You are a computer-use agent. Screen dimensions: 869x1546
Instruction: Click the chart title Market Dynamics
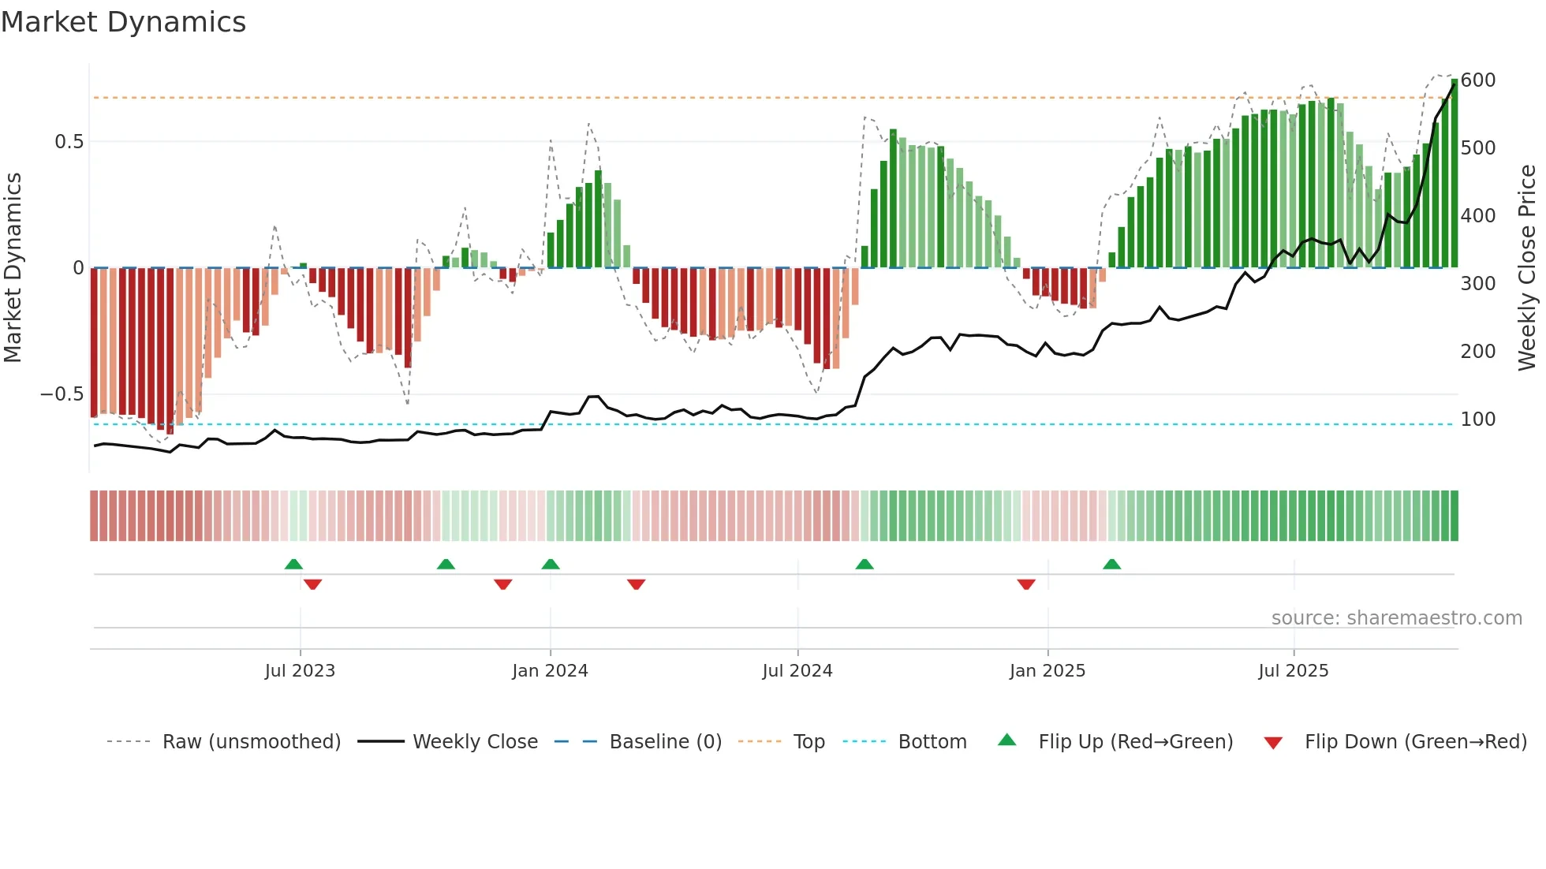(x=124, y=22)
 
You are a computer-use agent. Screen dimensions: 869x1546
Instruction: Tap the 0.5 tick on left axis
(x=69, y=142)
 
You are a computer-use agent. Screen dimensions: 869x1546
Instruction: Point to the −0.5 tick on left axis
(x=62, y=394)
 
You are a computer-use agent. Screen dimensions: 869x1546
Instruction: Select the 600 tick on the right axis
(x=1478, y=80)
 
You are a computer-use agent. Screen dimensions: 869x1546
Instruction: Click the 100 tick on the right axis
(x=1478, y=420)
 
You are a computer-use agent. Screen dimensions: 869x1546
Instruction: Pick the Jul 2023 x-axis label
(x=300, y=671)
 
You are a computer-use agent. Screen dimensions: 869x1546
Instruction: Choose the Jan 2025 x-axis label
(x=1047, y=671)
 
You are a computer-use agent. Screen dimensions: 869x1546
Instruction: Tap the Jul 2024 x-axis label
(x=797, y=671)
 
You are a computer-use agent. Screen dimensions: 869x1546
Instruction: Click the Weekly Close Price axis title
(x=1527, y=268)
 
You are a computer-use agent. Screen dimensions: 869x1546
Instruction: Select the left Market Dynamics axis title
(x=13, y=268)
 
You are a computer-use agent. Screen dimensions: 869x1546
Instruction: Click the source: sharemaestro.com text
(x=1397, y=618)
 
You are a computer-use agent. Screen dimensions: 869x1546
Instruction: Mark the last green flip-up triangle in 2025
(x=1112, y=564)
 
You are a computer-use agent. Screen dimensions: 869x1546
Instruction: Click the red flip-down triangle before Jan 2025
(x=1026, y=584)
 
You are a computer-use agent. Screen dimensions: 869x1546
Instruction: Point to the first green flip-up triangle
(x=293, y=564)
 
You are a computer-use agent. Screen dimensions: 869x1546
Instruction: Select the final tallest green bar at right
(x=1455, y=173)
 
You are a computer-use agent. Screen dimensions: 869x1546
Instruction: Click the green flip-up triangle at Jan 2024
(x=551, y=564)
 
